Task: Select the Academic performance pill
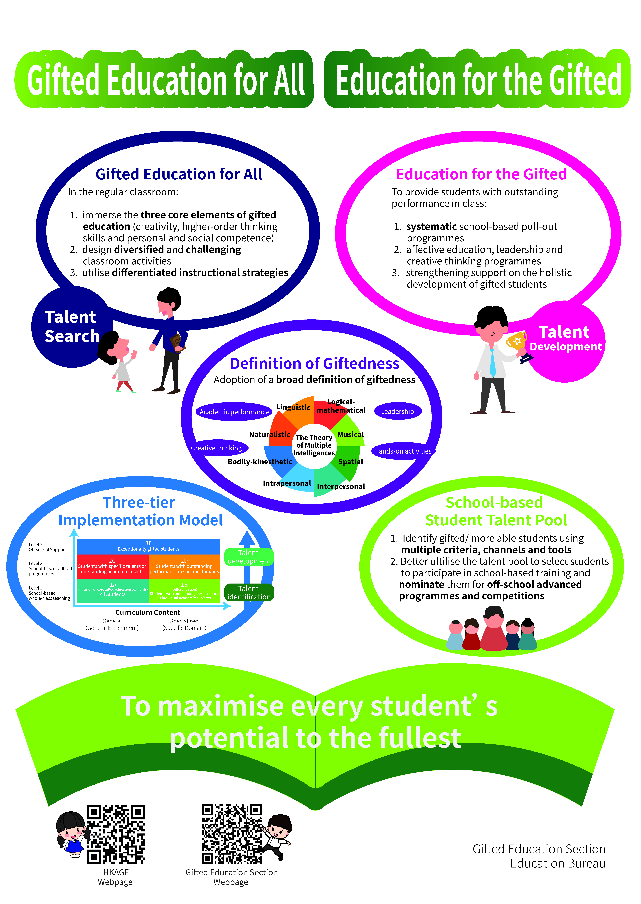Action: click(x=234, y=412)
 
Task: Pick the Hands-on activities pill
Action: click(x=403, y=451)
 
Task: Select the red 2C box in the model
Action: click(x=113, y=566)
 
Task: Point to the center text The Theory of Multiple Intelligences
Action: click(x=314, y=445)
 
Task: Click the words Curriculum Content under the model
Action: click(x=148, y=612)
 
